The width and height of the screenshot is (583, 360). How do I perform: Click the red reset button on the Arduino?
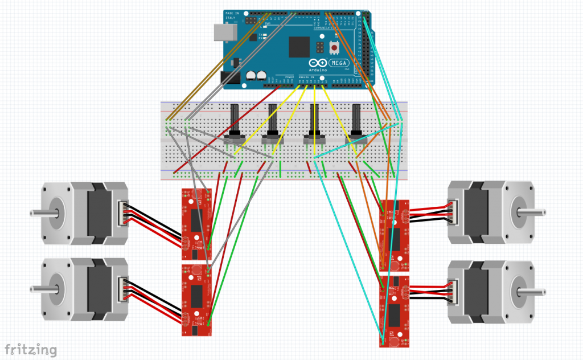[334, 47]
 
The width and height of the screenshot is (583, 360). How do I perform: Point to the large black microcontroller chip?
[299, 47]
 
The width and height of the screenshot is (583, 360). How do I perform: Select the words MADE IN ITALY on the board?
[231, 15]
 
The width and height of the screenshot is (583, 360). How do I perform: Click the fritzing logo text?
[31, 349]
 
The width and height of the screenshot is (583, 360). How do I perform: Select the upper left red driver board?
[196, 219]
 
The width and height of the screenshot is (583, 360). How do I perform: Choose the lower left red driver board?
[196, 300]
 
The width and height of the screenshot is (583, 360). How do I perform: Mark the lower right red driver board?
[394, 311]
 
